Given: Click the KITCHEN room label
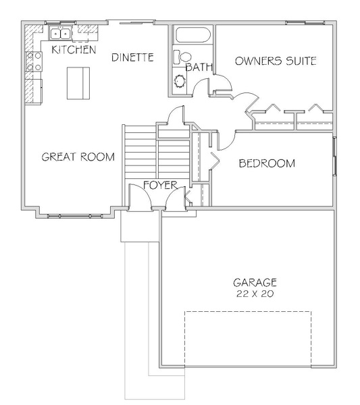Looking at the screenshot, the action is tap(74, 49).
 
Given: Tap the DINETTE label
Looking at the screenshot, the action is tap(132, 57).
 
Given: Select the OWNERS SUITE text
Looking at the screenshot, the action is tap(276, 61).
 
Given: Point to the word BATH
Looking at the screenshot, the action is tap(199, 67).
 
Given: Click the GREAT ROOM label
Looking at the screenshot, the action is tap(78, 157).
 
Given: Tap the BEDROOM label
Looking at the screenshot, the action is tap(267, 163).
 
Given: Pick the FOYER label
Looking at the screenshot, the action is tap(161, 185).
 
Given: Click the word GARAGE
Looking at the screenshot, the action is tap(255, 283).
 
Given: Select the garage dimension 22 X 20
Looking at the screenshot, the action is tap(255, 294).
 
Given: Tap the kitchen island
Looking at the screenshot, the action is tap(78, 83).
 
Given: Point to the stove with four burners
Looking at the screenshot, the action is tap(34, 61).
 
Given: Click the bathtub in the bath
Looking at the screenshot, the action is tap(193, 34).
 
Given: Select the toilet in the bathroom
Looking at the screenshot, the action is tap(182, 57).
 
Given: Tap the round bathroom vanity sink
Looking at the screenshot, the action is tap(180, 81).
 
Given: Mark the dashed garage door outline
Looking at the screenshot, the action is tap(248, 339).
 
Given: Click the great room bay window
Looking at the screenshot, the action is tap(75, 216).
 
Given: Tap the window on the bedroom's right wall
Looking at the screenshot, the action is tap(335, 156).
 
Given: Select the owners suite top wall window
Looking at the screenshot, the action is tap(305, 23).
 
